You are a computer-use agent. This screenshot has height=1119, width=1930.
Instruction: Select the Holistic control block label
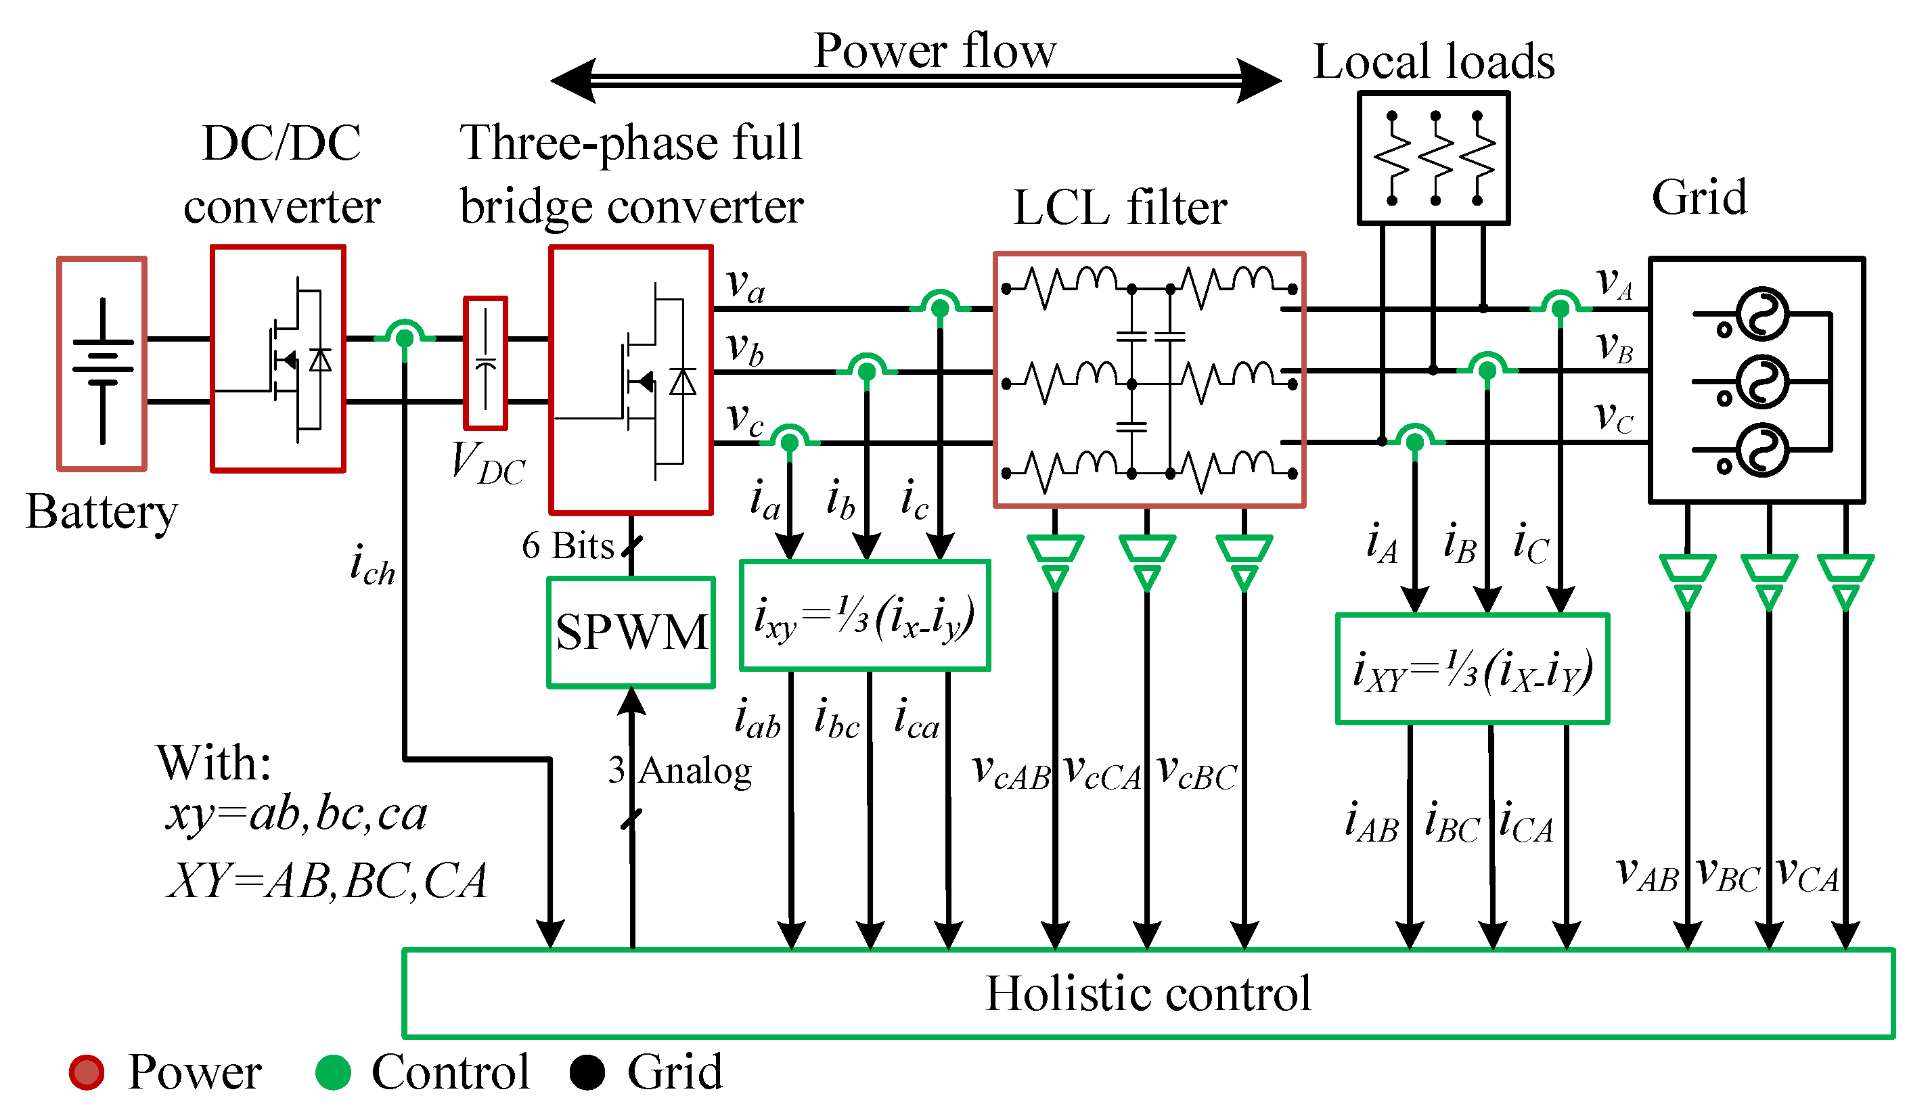click(x=1147, y=994)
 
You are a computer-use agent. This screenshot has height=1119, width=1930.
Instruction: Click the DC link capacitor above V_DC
click(x=486, y=363)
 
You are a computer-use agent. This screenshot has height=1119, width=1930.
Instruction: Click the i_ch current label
click(x=372, y=566)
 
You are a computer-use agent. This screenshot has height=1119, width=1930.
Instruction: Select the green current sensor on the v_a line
click(x=940, y=306)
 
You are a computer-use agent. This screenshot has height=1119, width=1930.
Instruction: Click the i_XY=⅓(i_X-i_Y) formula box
click(x=1472, y=669)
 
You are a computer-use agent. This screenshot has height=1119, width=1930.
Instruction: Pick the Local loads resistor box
click(x=1434, y=158)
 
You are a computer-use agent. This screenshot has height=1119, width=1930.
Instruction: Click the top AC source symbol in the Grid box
click(x=1761, y=314)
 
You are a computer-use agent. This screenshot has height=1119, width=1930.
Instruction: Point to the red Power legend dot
click(x=87, y=1072)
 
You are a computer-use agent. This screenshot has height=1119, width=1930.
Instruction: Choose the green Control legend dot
click(x=333, y=1072)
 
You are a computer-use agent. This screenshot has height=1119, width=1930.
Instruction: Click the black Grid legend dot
click(x=587, y=1072)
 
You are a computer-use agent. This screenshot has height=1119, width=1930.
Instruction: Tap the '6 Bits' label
click(x=568, y=546)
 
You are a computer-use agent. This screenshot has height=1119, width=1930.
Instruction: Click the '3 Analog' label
click(x=680, y=771)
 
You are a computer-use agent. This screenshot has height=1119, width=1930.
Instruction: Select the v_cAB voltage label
click(x=1011, y=772)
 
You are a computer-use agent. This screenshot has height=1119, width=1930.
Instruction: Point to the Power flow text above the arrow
click(x=935, y=51)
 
